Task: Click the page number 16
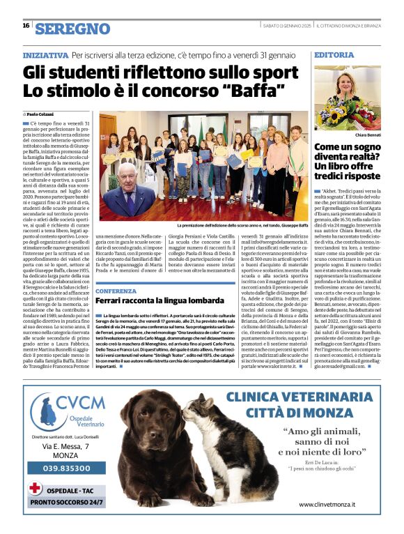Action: pyautogui.click(x=25, y=26)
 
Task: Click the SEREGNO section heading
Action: pyautogui.click(x=72, y=28)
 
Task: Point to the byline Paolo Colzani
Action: pyautogui.click(x=41, y=113)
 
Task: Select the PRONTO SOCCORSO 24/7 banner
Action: pyautogui.click(x=67, y=501)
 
